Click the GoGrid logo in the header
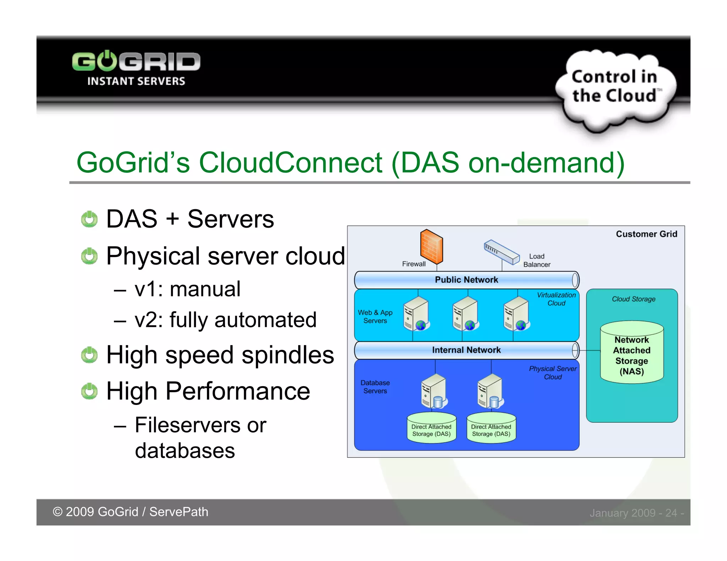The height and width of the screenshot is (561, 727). point(136,68)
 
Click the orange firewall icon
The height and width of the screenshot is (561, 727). point(431,246)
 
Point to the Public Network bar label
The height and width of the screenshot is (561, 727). point(466,280)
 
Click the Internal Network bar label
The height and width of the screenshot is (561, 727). point(466,350)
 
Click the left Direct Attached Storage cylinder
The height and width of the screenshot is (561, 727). point(431,428)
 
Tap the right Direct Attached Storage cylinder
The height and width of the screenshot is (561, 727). point(491,428)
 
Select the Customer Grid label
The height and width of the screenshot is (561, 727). point(646,234)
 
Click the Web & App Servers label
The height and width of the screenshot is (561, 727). point(375,316)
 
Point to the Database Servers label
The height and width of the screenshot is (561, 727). point(375,387)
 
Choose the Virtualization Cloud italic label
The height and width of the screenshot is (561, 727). point(556,299)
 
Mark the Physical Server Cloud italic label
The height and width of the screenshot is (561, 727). point(553,373)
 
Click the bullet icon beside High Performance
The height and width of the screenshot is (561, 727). point(89,391)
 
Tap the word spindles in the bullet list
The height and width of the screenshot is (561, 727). point(288,355)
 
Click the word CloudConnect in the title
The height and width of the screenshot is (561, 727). point(290,163)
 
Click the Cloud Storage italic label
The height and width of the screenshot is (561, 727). point(633,299)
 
